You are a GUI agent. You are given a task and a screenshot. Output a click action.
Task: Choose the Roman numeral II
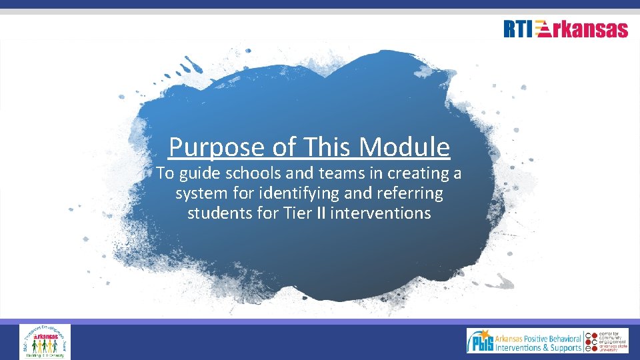click(319, 213)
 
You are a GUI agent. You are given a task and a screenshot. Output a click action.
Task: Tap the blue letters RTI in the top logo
click(518, 29)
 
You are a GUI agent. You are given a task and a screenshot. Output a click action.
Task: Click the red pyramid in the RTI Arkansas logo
click(543, 30)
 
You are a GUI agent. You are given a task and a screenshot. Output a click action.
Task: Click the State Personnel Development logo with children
click(45, 341)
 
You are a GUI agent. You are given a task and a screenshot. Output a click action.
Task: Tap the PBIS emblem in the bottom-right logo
click(481, 341)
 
